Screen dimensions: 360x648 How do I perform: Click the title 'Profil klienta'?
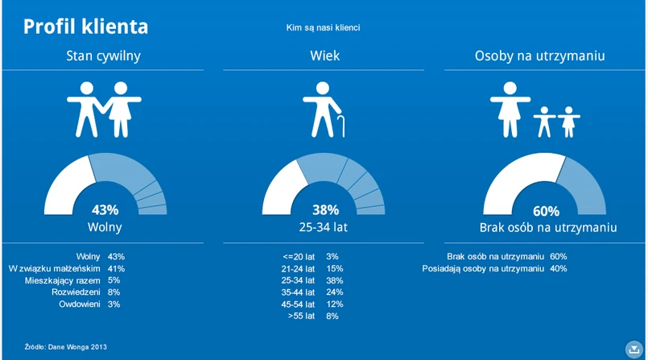(85, 27)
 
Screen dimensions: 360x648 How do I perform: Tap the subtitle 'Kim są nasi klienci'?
(323, 28)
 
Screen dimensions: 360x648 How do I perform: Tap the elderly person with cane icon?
(324, 110)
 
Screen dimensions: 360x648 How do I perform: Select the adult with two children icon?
(534, 111)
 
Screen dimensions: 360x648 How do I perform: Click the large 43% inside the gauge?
(105, 209)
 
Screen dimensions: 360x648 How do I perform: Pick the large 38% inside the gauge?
(324, 209)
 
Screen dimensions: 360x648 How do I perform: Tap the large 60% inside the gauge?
(546, 211)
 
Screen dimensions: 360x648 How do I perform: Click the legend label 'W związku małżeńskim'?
(54, 268)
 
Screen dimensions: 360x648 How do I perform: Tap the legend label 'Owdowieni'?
(79, 304)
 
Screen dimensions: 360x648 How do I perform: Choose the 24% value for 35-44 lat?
(335, 292)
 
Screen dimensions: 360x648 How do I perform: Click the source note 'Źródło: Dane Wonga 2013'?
(65, 346)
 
